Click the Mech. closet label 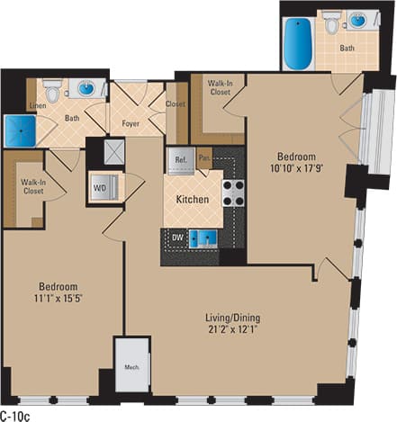[x=131, y=368]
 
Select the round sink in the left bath [x=86, y=88]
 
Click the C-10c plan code [x=16, y=415]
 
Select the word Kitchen [x=193, y=199]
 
